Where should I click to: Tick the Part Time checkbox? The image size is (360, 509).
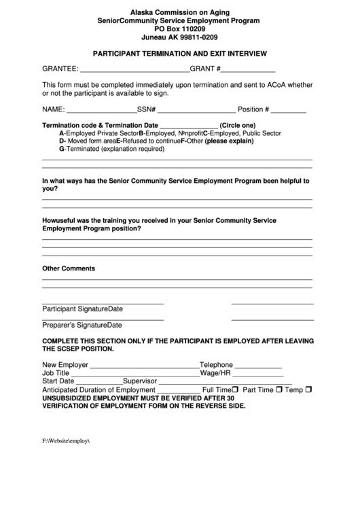pyautogui.click(x=278, y=390)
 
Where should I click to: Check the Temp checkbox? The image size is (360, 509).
pyautogui.click(x=308, y=390)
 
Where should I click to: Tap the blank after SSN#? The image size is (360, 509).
pyautogui.click(x=197, y=110)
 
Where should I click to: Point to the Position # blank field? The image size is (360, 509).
pyautogui.click(x=289, y=110)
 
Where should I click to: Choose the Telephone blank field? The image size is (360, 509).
pyautogui.click(x=258, y=366)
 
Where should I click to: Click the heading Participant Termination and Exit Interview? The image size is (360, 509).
pyautogui.click(x=180, y=53)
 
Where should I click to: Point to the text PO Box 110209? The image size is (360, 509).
pyautogui.click(x=180, y=30)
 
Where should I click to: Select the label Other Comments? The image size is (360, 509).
pyautogui.click(x=69, y=268)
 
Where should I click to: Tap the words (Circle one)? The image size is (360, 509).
pyautogui.click(x=238, y=125)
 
